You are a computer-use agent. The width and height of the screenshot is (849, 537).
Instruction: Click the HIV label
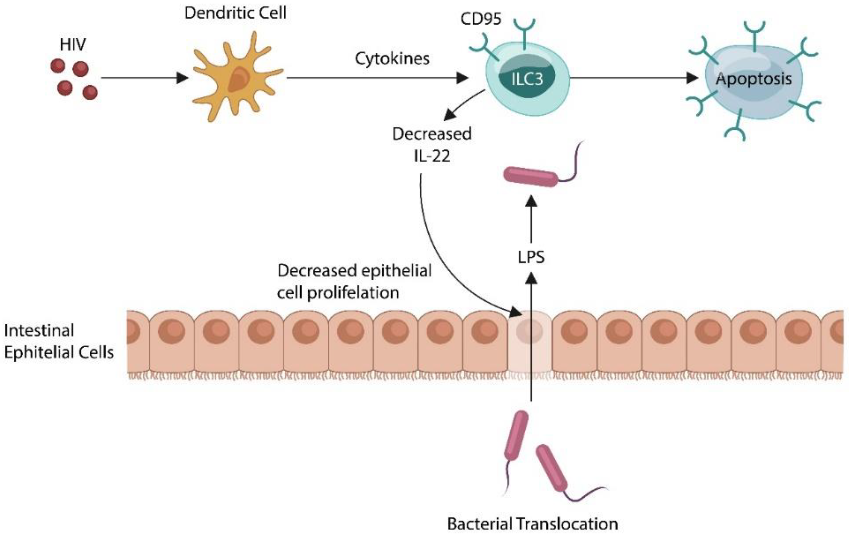pyautogui.click(x=73, y=45)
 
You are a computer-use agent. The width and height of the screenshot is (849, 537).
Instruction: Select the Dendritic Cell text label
pyautogui.click(x=235, y=13)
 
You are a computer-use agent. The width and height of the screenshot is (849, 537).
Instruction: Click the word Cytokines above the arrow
pyautogui.click(x=392, y=58)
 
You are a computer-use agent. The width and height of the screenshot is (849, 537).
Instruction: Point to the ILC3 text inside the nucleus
pyautogui.click(x=527, y=80)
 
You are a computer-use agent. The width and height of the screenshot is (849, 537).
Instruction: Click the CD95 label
pyautogui.click(x=480, y=19)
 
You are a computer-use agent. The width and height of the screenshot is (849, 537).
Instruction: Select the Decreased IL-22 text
pyautogui.click(x=432, y=144)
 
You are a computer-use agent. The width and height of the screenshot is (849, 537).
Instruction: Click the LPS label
pyautogui.click(x=531, y=257)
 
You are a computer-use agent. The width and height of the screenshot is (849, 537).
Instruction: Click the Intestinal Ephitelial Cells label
pyautogui.click(x=58, y=341)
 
